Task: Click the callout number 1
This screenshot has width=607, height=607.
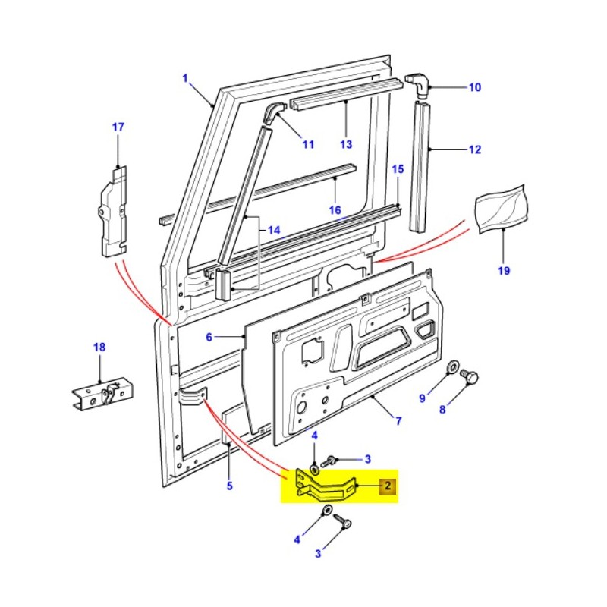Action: tap(184, 77)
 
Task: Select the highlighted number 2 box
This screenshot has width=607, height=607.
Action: tap(387, 486)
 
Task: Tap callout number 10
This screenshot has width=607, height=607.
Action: tap(474, 88)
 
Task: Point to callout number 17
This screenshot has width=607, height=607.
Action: tap(118, 127)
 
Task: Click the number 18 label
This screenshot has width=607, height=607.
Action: tap(99, 348)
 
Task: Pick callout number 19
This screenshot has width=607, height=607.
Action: tap(504, 270)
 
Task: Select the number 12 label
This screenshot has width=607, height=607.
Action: tap(474, 150)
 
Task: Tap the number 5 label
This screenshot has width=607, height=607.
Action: tap(229, 486)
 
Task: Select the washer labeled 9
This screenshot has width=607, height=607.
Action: tap(452, 368)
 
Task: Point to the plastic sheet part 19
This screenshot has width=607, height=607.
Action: tap(502, 207)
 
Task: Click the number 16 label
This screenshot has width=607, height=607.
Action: tap(335, 209)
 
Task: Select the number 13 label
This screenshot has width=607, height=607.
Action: tap(346, 144)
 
